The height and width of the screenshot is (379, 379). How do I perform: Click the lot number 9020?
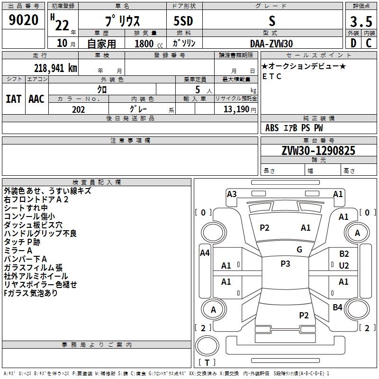[x=24, y=20]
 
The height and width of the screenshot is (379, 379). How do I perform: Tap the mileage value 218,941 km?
[x=55, y=68]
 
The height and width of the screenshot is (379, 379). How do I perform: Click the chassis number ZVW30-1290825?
[x=318, y=151]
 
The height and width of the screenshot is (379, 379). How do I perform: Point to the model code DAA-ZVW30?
[x=271, y=44]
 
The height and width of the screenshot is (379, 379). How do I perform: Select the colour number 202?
[x=78, y=109]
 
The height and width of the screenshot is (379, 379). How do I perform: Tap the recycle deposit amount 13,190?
[x=236, y=109]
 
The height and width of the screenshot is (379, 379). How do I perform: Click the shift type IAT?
[x=13, y=99]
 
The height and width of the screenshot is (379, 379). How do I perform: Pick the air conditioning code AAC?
[x=36, y=99]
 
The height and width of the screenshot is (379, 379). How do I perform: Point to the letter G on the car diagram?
[x=299, y=250]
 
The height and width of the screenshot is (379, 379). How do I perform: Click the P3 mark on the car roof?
[x=285, y=264]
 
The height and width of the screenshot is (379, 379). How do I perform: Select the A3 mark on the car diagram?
[x=232, y=194]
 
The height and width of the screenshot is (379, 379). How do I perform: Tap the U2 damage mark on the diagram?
[x=344, y=266]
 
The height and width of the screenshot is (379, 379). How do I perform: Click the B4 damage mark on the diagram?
[x=337, y=307]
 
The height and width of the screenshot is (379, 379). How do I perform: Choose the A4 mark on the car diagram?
[x=205, y=253]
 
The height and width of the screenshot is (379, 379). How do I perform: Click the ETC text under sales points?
[x=272, y=76]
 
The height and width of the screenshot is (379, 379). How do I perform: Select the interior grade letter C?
[x=369, y=43]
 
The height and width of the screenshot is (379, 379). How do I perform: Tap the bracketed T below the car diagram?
[x=207, y=362]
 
